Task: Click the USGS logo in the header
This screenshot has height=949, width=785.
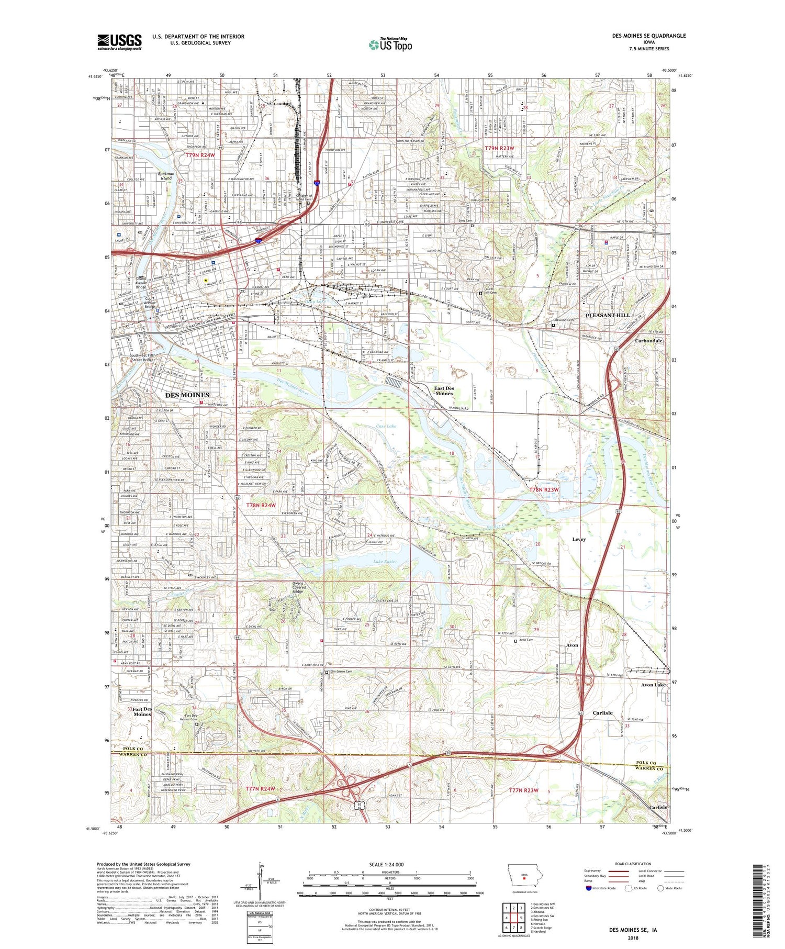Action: pyautogui.click(x=119, y=42)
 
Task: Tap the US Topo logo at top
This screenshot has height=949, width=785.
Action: pyautogui.click(x=390, y=44)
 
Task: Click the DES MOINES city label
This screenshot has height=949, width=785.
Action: pyautogui.click(x=187, y=395)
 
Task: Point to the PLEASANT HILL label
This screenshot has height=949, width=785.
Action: pyautogui.click(x=607, y=315)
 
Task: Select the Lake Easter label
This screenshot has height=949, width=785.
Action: pyautogui.click(x=385, y=561)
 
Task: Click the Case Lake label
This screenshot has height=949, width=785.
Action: pyautogui.click(x=386, y=426)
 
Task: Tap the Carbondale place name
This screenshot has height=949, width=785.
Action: pyautogui.click(x=648, y=341)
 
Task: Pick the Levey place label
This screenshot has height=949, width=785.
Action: pyautogui.click(x=579, y=539)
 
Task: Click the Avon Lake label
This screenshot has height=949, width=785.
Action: pyautogui.click(x=653, y=685)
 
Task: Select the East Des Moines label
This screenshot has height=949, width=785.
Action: pyautogui.click(x=444, y=390)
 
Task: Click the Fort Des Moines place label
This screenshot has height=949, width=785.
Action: pyautogui.click(x=142, y=711)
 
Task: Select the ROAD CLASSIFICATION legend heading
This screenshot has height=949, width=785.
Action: pyautogui.click(x=633, y=864)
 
